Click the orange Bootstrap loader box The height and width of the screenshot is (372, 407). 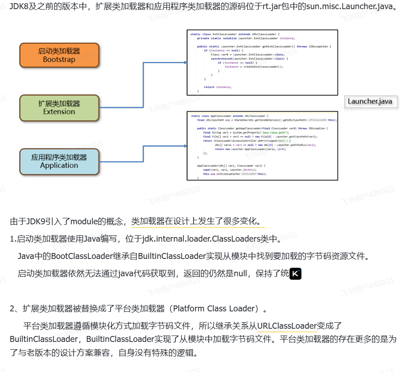(x=59, y=55)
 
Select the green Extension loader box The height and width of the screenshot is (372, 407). (x=59, y=108)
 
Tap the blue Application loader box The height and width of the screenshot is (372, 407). (x=59, y=161)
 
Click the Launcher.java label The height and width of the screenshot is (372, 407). (x=370, y=101)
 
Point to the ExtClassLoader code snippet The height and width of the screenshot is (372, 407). (x=262, y=62)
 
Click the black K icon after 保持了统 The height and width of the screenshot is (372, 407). (x=296, y=274)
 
